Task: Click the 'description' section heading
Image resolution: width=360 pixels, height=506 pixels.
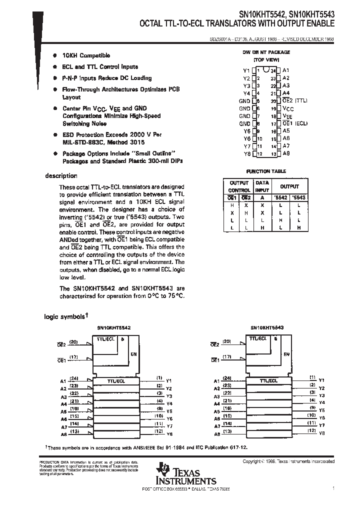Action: click(x=61, y=176)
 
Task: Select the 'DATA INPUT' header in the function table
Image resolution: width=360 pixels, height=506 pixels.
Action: click(x=262, y=186)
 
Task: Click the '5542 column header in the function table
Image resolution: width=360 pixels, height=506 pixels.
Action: click(x=279, y=197)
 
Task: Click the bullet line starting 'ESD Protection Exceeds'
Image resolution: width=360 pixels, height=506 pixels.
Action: click(x=112, y=135)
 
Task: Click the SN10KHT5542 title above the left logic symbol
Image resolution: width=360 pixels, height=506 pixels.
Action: click(x=114, y=327)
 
